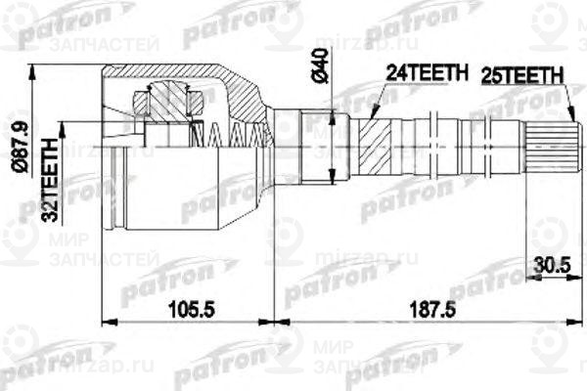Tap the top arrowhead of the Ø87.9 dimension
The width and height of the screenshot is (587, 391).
pos(35,70)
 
